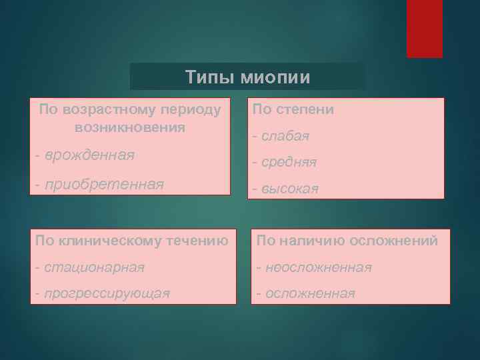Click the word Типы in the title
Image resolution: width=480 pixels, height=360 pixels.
click(203, 77)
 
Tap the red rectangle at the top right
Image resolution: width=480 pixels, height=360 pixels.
click(425, 29)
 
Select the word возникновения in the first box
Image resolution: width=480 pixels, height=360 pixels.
click(131, 127)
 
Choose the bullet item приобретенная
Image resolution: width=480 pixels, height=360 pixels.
click(104, 183)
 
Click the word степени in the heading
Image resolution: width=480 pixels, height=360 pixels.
click(307, 109)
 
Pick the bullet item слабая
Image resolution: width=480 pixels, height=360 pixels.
click(285, 136)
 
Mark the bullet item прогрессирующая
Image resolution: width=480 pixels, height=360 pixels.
click(107, 293)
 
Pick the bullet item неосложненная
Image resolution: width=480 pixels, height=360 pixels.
click(318, 267)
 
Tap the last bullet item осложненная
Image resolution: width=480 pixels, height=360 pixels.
click(310, 293)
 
